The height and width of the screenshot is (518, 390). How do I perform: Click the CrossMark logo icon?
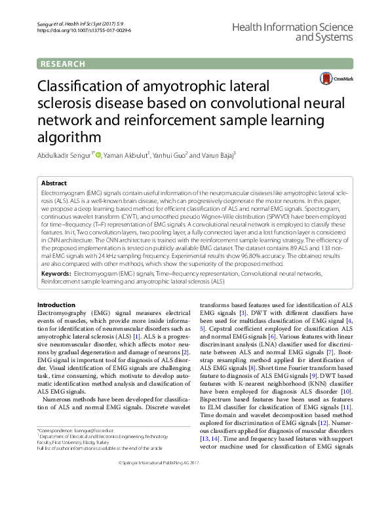325,79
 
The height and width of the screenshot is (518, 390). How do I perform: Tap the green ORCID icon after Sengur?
98,155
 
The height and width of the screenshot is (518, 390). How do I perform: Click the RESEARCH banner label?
63,64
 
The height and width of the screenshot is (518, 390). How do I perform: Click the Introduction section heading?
56,305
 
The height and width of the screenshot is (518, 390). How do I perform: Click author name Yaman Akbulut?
126,155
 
